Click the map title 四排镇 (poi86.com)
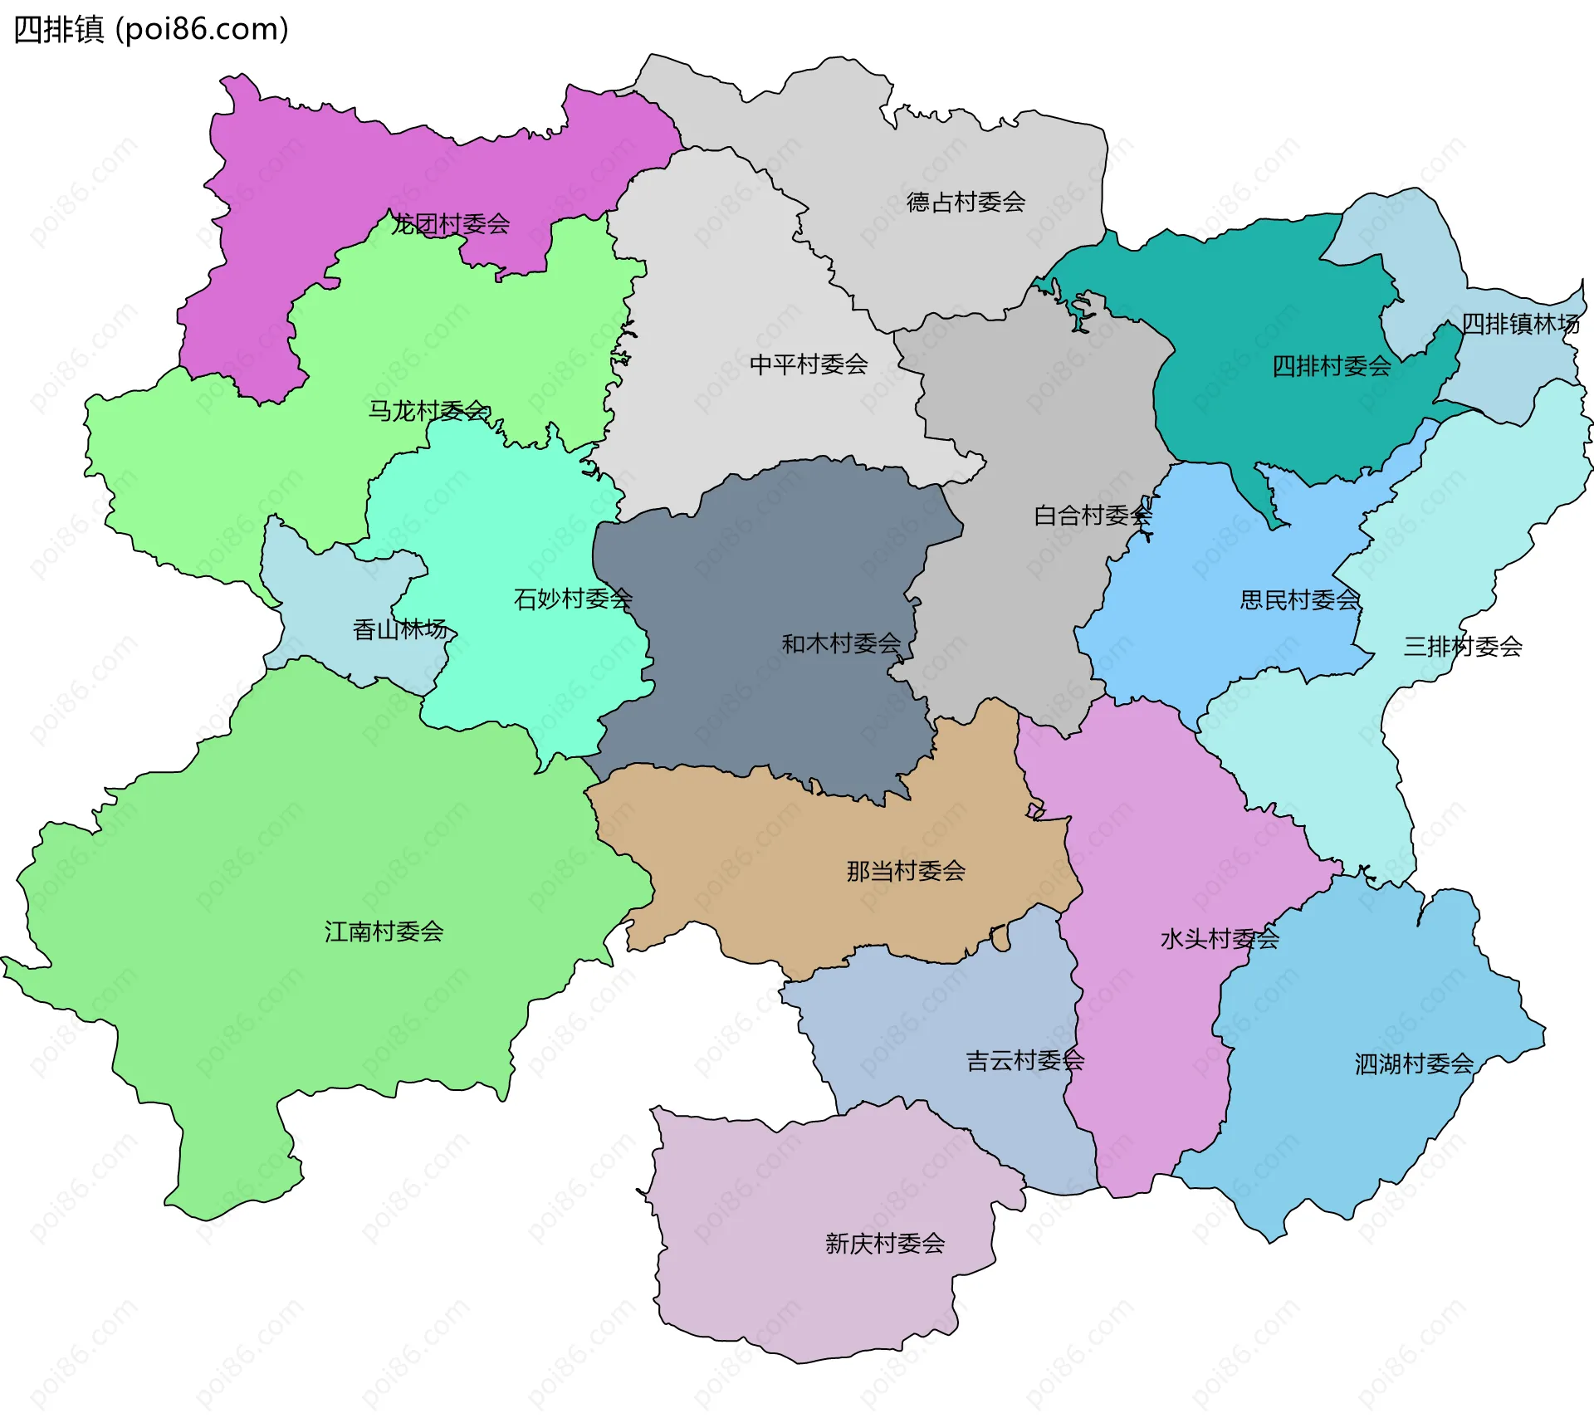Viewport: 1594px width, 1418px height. tap(151, 29)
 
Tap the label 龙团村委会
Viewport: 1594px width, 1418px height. tap(451, 224)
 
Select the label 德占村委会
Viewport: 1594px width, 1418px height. tap(966, 202)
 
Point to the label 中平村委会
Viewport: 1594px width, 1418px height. tap(809, 364)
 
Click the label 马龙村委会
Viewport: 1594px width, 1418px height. tap(428, 411)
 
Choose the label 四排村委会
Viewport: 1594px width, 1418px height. tap(1332, 366)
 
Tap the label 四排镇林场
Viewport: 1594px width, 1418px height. tap(1520, 324)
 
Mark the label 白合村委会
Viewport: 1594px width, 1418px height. tap(1093, 516)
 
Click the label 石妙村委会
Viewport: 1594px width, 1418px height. tap(573, 599)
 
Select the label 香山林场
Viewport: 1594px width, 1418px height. tap(400, 630)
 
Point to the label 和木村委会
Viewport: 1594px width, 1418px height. tap(841, 643)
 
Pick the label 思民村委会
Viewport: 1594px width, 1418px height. tap(1299, 599)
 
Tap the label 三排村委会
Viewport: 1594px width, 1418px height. tap(1463, 647)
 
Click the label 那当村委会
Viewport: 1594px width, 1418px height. tap(906, 871)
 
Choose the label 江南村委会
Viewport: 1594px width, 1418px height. tap(384, 931)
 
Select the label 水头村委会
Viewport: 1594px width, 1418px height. tap(1220, 939)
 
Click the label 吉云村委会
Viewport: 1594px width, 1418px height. tap(1024, 1060)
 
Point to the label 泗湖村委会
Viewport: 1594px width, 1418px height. tap(1414, 1063)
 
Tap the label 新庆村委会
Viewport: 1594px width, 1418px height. tap(885, 1243)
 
